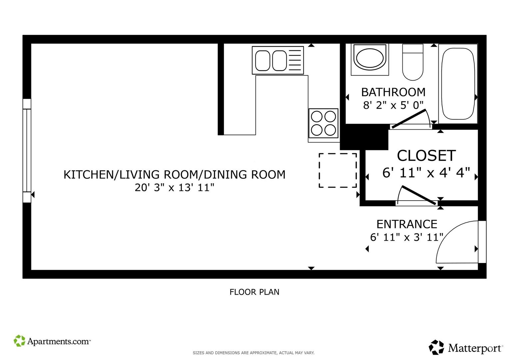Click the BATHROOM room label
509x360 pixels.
pos(393,92)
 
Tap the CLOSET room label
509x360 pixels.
pos(426,156)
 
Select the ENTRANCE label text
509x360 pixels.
pos(407,224)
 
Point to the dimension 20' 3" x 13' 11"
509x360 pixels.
pos(174,188)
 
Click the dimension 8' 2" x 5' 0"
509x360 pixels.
pos(393,105)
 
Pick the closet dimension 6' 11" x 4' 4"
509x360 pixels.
pos(426,173)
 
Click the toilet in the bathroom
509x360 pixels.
pos(413,62)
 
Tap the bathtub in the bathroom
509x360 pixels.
pos(458,84)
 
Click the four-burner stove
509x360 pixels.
pos(323,123)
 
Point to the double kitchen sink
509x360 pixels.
pos(278,60)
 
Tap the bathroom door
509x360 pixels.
pos(409,119)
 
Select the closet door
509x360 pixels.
pos(419,195)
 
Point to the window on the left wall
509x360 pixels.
pos(27,151)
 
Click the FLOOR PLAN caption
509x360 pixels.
pos(254,292)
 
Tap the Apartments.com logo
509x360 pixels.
pos(52,341)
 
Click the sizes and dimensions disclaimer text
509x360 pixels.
pos(254,353)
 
